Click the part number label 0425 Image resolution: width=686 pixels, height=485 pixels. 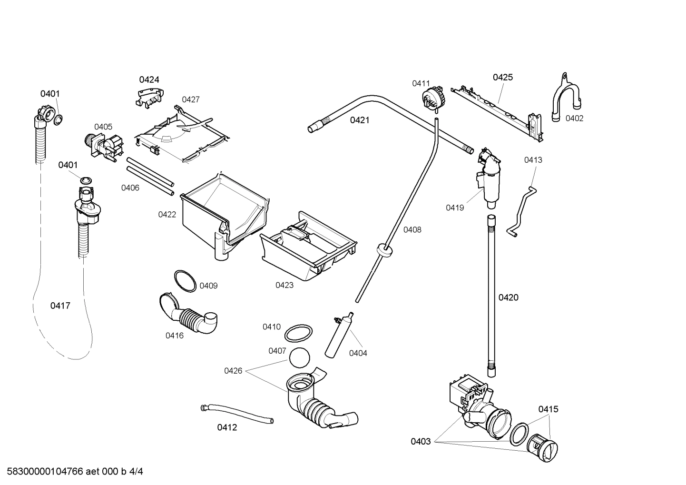point(502,77)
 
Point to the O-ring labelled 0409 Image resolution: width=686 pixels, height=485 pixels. point(185,281)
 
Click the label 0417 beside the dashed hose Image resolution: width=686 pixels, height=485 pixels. point(60,306)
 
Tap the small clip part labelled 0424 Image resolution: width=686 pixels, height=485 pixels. point(148,97)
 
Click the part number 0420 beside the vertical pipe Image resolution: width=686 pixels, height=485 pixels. point(508,297)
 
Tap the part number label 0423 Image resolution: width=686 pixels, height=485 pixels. point(284,285)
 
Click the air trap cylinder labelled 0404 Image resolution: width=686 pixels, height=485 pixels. point(338,336)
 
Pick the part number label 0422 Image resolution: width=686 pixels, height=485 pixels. point(167,215)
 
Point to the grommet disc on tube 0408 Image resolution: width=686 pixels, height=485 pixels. point(384,250)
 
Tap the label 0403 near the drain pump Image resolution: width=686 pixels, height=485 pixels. point(421,441)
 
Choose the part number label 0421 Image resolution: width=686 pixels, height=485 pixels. point(360,120)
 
